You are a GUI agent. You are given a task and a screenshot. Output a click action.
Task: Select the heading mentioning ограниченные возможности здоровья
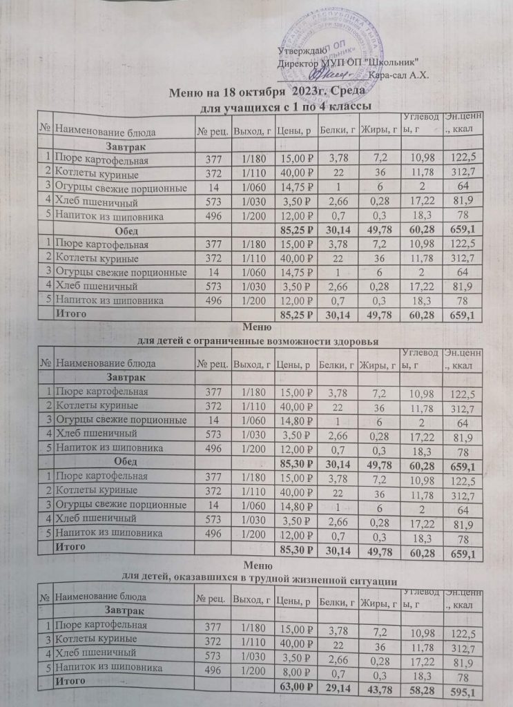pos(257,340)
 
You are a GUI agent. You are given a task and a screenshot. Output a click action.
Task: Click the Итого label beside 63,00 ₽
pos(70,680)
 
